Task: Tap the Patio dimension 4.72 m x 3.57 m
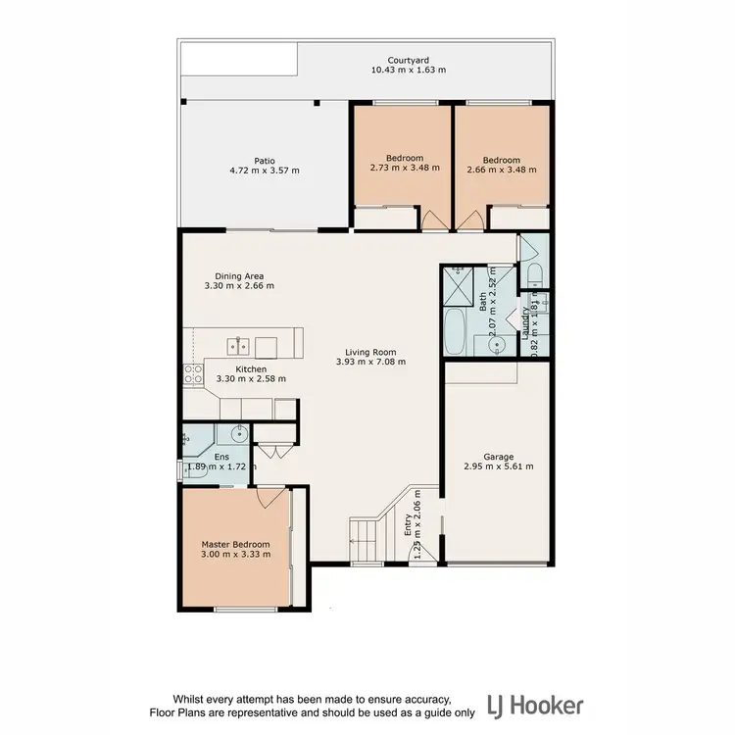click(264, 171)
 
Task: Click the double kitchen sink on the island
click(239, 345)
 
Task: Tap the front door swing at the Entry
click(420, 554)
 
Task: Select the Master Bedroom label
click(235, 544)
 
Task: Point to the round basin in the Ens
click(236, 433)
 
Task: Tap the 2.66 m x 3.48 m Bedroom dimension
click(502, 169)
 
